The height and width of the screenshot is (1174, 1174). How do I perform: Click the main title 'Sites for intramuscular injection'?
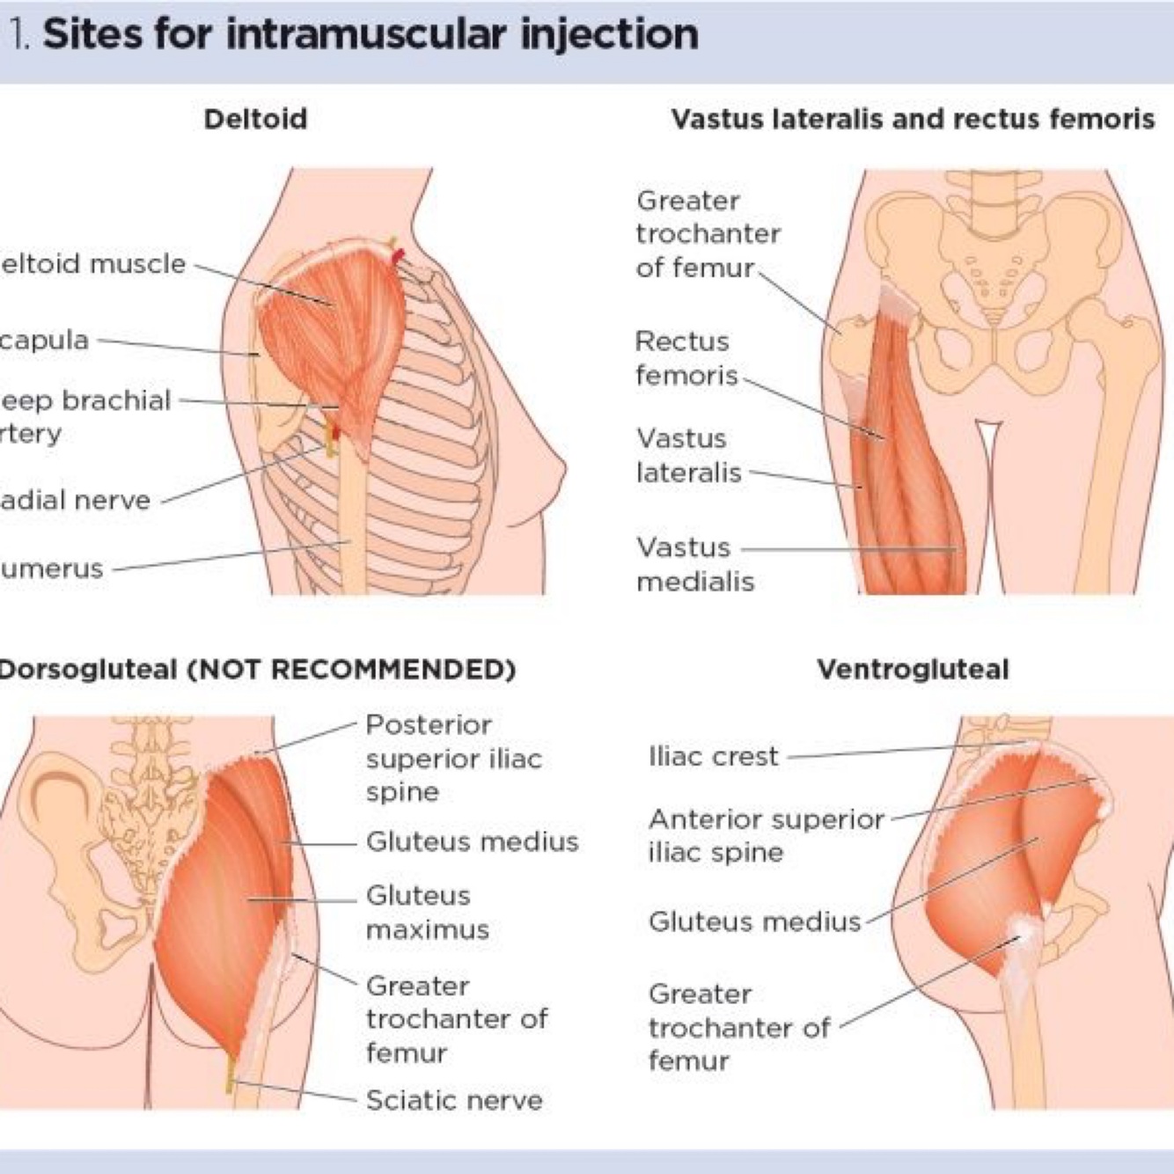(370, 35)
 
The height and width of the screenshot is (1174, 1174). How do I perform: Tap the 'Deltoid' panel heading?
(255, 119)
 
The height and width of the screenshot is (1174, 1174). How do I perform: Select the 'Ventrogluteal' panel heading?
(913, 670)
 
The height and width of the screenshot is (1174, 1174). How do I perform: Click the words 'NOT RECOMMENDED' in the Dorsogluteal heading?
(357, 670)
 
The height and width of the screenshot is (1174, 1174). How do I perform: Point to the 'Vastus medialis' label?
(694, 564)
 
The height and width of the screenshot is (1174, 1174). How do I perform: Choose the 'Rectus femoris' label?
(686, 358)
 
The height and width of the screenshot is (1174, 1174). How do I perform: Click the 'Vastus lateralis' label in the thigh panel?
(688, 455)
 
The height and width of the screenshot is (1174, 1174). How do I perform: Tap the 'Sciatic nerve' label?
(453, 1100)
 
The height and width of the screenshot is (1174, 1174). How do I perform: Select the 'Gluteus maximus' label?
(427, 913)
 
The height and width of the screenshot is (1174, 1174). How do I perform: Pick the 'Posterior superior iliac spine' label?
(452, 758)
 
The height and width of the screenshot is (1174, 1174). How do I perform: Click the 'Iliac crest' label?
(713, 756)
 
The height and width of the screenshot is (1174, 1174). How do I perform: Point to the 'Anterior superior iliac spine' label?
(765, 835)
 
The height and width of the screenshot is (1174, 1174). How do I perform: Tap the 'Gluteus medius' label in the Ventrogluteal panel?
(754, 921)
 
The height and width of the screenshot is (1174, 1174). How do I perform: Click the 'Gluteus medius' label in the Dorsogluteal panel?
(472, 842)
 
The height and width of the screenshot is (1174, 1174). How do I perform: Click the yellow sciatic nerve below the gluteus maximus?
(231, 1074)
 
